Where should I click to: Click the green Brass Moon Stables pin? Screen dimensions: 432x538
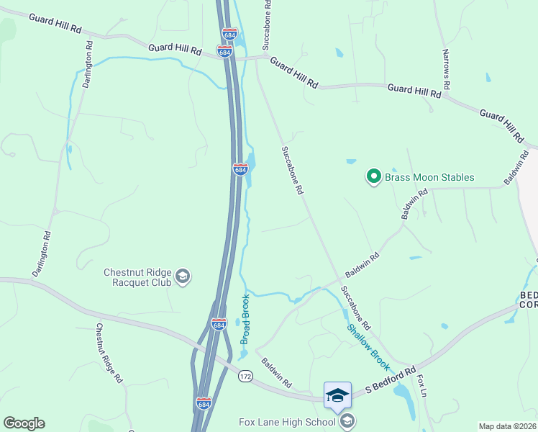pos(373,176)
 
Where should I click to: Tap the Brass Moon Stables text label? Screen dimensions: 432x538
pos(429,177)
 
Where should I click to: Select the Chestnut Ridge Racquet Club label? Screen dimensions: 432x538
pos(137,277)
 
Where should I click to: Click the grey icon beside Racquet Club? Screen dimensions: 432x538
pos(183,276)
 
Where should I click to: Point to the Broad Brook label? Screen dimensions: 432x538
pos(245,319)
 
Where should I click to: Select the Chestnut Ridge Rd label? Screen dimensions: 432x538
pos(109,353)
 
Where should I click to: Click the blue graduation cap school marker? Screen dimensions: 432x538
pos(337,395)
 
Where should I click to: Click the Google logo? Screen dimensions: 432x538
pos(24,423)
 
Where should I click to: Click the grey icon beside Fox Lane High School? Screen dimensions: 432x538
pos(347,421)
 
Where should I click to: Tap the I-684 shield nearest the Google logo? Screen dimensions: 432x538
pos(204,404)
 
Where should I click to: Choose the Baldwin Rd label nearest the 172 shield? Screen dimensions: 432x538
pos(276,372)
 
